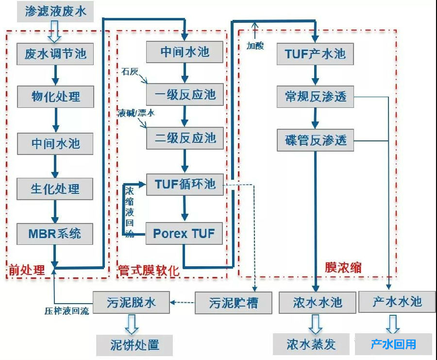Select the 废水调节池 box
(55, 54)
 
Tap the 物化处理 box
(55, 97)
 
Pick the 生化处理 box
(55, 189)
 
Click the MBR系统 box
(55, 234)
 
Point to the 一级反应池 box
(185, 94)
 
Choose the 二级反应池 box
(185, 138)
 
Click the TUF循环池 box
(185, 184)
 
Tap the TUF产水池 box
(315, 53)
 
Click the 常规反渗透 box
(315, 97)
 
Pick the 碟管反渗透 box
(315, 140)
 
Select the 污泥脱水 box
(131, 303)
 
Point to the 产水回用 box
(393, 344)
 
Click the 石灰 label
(130, 72)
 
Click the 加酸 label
(255, 46)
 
